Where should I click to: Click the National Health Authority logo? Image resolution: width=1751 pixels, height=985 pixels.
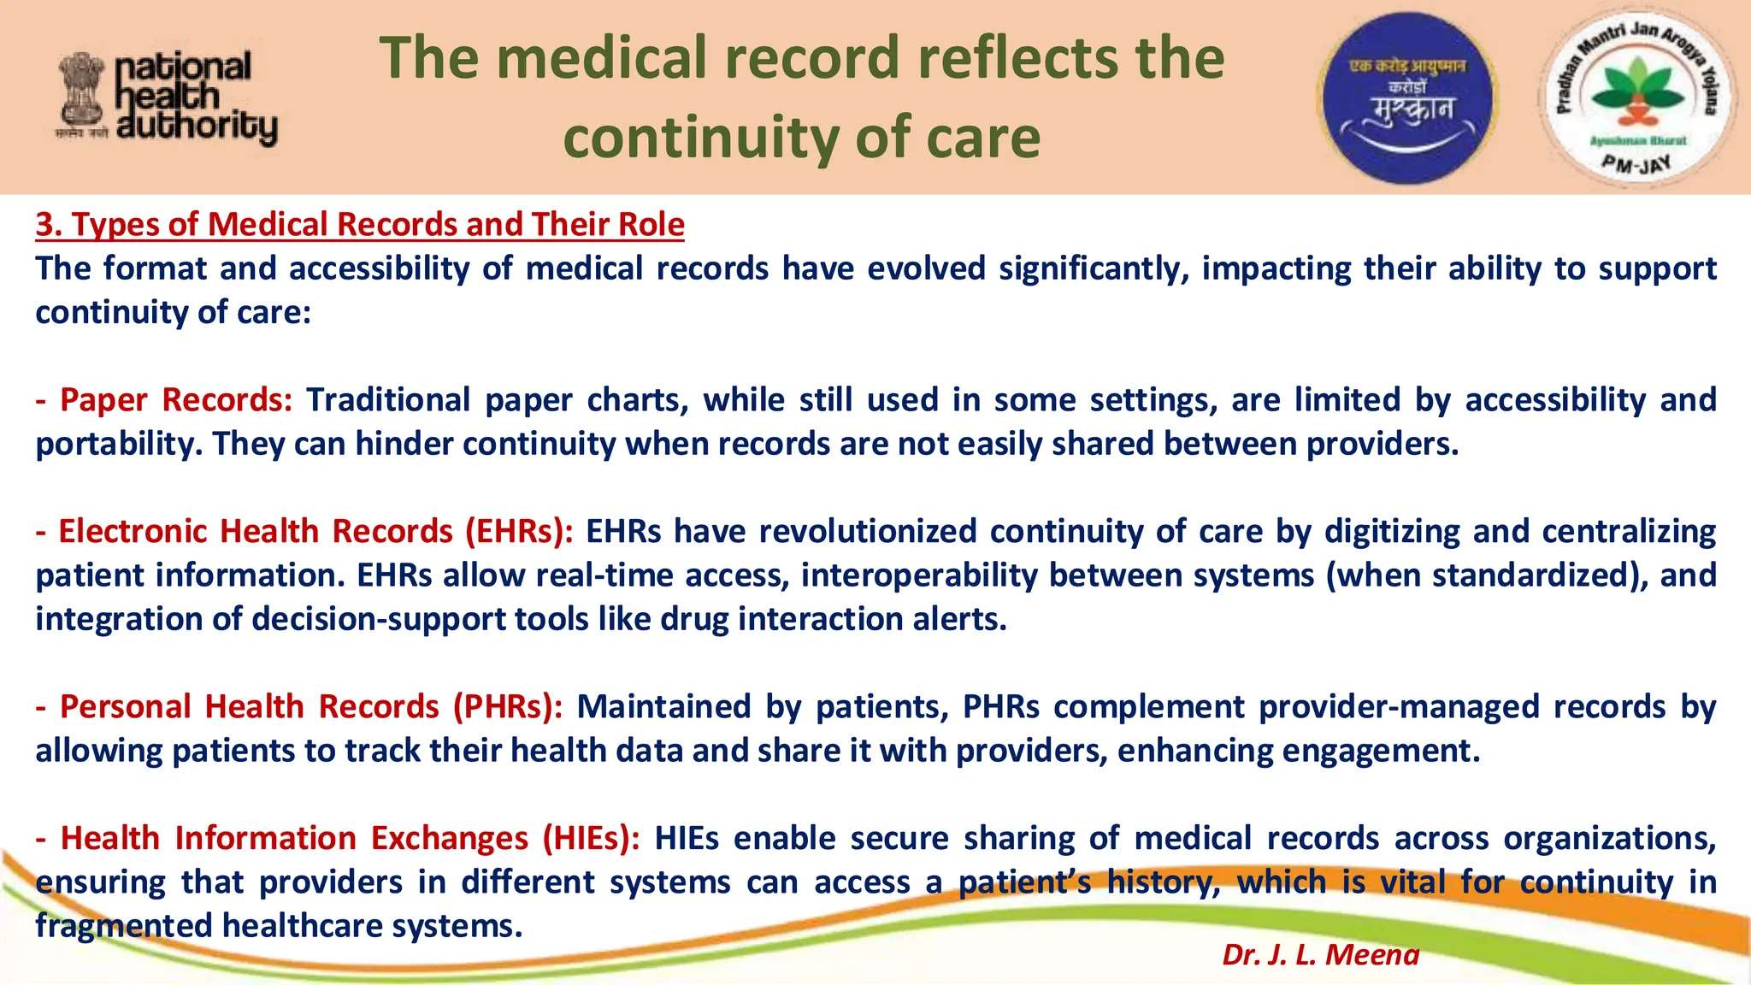point(168,97)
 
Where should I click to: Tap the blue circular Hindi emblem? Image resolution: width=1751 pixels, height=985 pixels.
point(1407,97)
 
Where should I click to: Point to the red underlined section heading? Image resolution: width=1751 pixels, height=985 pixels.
point(360,224)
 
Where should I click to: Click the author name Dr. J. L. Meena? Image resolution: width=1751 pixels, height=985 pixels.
point(1320,954)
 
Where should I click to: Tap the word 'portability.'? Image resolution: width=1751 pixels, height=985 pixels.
point(119,445)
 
